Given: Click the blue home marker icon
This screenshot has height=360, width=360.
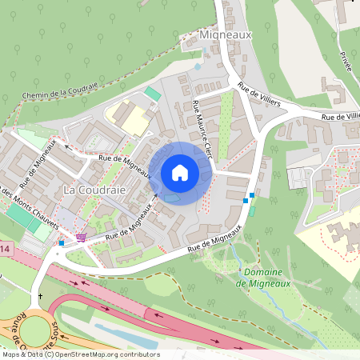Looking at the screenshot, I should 180,173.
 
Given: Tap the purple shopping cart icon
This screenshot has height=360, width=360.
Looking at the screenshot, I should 80,237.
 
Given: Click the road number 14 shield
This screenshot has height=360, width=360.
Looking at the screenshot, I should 5,251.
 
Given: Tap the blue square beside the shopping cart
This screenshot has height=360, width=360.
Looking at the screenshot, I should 62,242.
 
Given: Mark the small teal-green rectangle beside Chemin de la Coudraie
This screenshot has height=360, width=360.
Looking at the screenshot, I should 152,94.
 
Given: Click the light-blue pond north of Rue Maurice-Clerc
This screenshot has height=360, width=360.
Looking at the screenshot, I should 198,66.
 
